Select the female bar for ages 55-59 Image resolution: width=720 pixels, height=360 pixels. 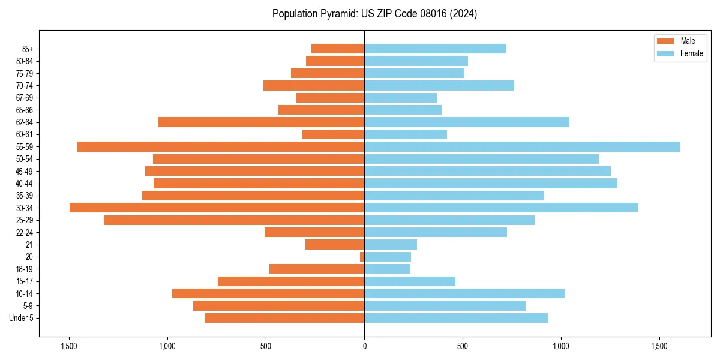[522, 146]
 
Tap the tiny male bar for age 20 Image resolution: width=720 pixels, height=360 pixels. [362, 257]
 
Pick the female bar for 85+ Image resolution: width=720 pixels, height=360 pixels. [435, 49]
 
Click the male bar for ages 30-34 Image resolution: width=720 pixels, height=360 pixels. [217, 208]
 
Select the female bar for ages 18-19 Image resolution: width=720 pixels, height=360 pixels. [387, 269]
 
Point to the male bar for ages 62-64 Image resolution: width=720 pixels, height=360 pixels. [261, 122]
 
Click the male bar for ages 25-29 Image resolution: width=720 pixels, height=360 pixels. [234, 220]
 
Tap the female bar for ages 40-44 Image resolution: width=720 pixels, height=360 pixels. [491, 183]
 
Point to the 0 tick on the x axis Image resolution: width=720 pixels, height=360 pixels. [364, 346]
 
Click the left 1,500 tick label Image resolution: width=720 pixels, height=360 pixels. [69, 346]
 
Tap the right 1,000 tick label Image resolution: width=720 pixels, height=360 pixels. [561, 346]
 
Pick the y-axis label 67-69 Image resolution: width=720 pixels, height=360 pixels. [25, 98]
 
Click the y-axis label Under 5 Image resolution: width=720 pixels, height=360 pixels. [22, 318]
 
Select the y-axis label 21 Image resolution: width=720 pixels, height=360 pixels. [29, 245]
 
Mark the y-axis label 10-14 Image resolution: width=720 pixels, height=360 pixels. [25, 293]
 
